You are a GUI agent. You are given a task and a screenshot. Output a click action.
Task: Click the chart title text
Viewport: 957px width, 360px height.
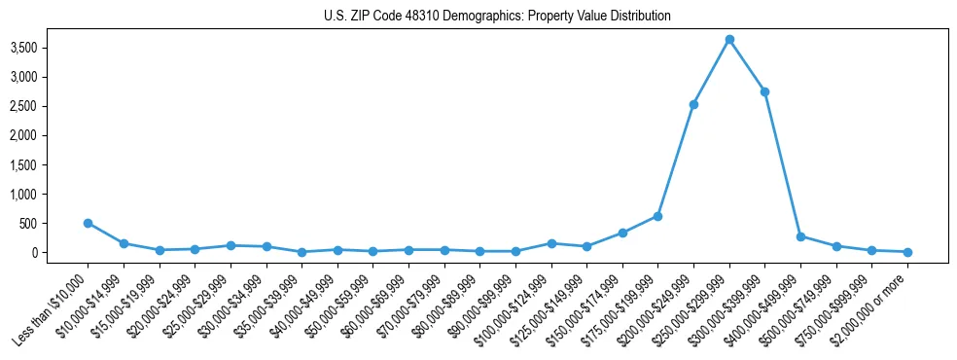tap(497, 17)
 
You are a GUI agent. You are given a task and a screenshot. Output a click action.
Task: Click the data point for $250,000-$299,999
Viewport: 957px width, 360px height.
tap(729, 40)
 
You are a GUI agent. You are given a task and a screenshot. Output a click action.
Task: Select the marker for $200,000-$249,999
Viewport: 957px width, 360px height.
tap(693, 104)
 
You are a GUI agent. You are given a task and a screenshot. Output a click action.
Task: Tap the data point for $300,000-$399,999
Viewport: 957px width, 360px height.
tap(764, 91)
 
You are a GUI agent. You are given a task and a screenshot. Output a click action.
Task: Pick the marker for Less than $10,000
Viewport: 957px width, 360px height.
tap(88, 223)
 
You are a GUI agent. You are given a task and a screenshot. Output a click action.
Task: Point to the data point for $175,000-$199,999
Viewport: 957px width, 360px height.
tap(657, 216)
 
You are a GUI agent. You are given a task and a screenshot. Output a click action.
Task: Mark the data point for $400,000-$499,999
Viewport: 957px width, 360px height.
tap(800, 236)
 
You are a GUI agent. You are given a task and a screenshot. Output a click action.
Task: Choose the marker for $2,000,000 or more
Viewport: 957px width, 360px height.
tap(907, 252)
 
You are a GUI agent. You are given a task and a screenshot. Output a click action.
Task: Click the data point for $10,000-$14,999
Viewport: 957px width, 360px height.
tap(124, 243)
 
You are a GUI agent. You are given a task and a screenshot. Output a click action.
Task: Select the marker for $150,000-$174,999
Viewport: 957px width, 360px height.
tap(622, 233)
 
